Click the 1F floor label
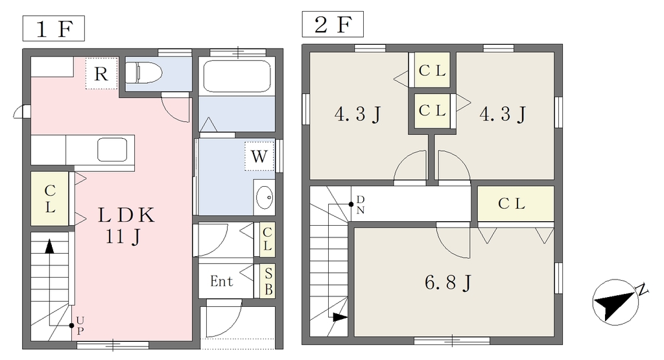53,29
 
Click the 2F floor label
333,24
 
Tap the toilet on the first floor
144,73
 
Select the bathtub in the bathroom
237,76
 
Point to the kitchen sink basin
112,149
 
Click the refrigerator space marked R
101,74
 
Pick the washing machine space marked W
259,156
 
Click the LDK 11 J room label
125,225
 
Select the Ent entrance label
222,281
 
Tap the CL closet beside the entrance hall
267,239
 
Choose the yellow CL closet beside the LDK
50,198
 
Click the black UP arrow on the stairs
49,246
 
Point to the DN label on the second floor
361,204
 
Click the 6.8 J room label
448,282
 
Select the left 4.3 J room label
358,114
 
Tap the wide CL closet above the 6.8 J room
516,204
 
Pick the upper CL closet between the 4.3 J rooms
432,70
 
